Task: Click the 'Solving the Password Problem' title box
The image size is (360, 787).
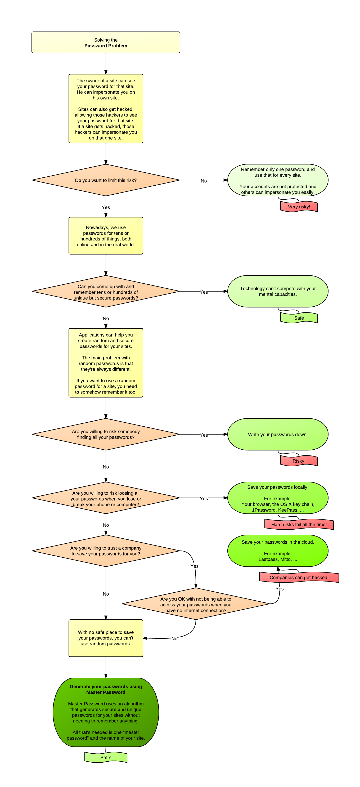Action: pyautogui.click(x=106, y=42)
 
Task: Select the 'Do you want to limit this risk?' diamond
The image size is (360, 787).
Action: pyautogui.click(x=106, y=180)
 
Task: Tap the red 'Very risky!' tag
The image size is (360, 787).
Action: pyautogui.click(x=299, y=207)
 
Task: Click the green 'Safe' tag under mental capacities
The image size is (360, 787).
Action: pyautogui.click(x=299, y=318)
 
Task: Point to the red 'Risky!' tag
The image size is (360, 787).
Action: pyautogui.click(x=299, y=461)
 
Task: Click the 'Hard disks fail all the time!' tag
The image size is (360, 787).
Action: pyautogui.click(x=299, y=525)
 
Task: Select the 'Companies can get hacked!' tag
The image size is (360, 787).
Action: pyautogui.click(x=299, y=578)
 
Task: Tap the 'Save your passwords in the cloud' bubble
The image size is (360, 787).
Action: pyautogui.click(x=278, y=551)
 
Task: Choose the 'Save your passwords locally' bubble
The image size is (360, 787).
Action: pyautogui.click(x=278, y=498)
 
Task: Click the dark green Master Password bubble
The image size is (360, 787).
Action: pyautogui.click(x=106, y=712)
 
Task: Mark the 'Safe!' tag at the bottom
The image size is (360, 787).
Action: pyautogui.click(x=106, y=757)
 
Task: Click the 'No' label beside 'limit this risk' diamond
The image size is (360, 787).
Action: pyautogui.click(x=204, y=181)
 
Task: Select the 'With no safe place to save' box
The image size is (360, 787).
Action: pyautogui.click(x=106, y=638)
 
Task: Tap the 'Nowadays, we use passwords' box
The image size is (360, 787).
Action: pyautogui.click(x=106, y=236)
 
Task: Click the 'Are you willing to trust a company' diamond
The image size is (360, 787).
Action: pyautogui.click(x=106, y=551)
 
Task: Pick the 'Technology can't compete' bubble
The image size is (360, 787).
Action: pyautogui.click(x=278, y=292)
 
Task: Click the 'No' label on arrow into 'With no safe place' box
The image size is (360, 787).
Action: pyautogui.click(x=174, y=638)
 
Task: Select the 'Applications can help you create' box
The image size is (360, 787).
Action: pyautogui.click(x=106, y=363)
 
